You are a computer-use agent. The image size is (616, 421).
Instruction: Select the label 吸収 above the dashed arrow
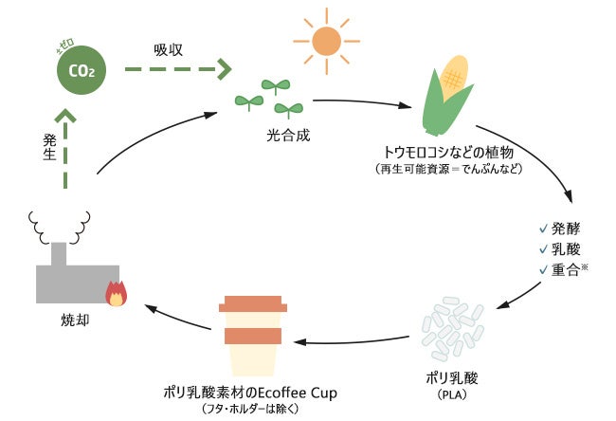[x=171, y=46]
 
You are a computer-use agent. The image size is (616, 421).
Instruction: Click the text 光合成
[x=287, y=135]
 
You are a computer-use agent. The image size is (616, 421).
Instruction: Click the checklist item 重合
[x=571, y=269]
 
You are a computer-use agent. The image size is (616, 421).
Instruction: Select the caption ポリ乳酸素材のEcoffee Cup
[x=251, y=393]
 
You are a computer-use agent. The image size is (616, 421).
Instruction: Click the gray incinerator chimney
[x=60, y=253]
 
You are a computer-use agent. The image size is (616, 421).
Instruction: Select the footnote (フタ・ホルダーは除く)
[x=251, y=409]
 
